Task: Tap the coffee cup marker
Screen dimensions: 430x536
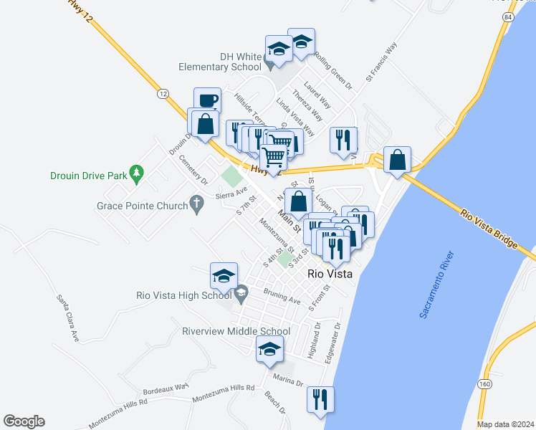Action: coord(207,101)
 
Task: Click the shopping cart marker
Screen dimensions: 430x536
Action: coord(273,157)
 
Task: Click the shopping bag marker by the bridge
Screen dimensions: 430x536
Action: coord(397,161)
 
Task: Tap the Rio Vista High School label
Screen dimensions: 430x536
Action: coord(184,295)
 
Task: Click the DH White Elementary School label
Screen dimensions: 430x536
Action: coord(220,62)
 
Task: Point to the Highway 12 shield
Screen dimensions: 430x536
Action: coord(163,94)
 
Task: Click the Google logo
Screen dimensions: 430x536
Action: coord(24,421)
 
